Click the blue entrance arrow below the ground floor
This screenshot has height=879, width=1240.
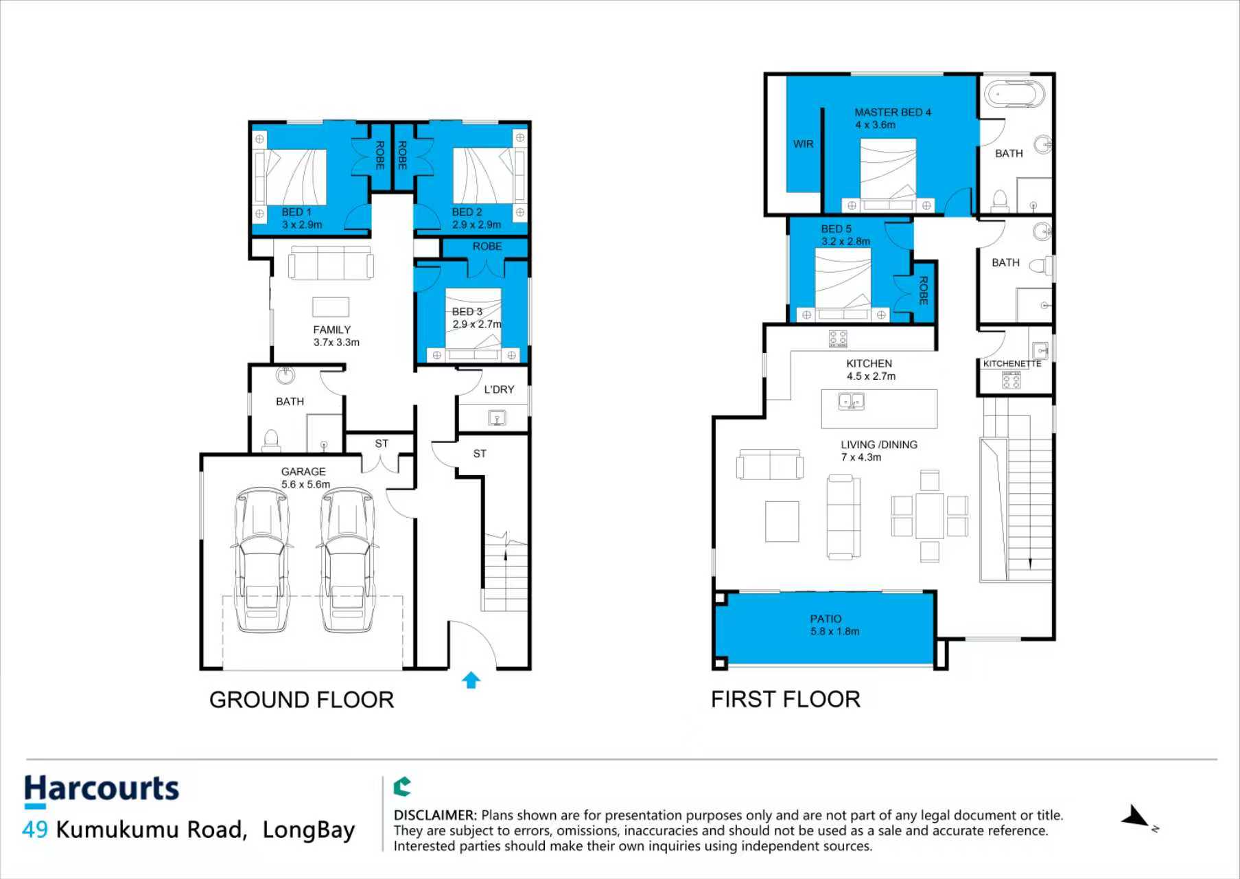[x=471, y=680]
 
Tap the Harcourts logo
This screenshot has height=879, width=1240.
[x=102, y=790]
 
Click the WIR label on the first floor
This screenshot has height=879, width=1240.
[x=803, y=144]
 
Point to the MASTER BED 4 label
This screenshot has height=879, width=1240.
[x=893, y=112]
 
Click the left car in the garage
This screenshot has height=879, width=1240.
[x=261, y=559]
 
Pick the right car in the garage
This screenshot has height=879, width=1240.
[x=347, y=559]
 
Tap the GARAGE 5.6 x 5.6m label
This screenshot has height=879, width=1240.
[x=305, y=478]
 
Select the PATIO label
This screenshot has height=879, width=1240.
[x=826, y=619]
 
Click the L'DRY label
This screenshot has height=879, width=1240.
[x=499, y=389]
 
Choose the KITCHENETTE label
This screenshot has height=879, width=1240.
[x=1012, y=364]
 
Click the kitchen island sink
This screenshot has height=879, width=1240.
[x=852, y=400]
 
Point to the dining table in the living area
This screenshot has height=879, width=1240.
[x=929, y=515]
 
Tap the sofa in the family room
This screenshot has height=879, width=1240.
[x=331, y=263]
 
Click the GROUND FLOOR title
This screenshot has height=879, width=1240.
[x=302, y=700]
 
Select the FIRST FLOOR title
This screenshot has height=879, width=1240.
[x=786, y=699]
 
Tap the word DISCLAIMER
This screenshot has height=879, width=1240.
[x=435, y=815]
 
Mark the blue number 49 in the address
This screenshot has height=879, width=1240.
[x=35, y=830]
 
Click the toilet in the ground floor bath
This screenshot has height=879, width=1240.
[x=271, y=440]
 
